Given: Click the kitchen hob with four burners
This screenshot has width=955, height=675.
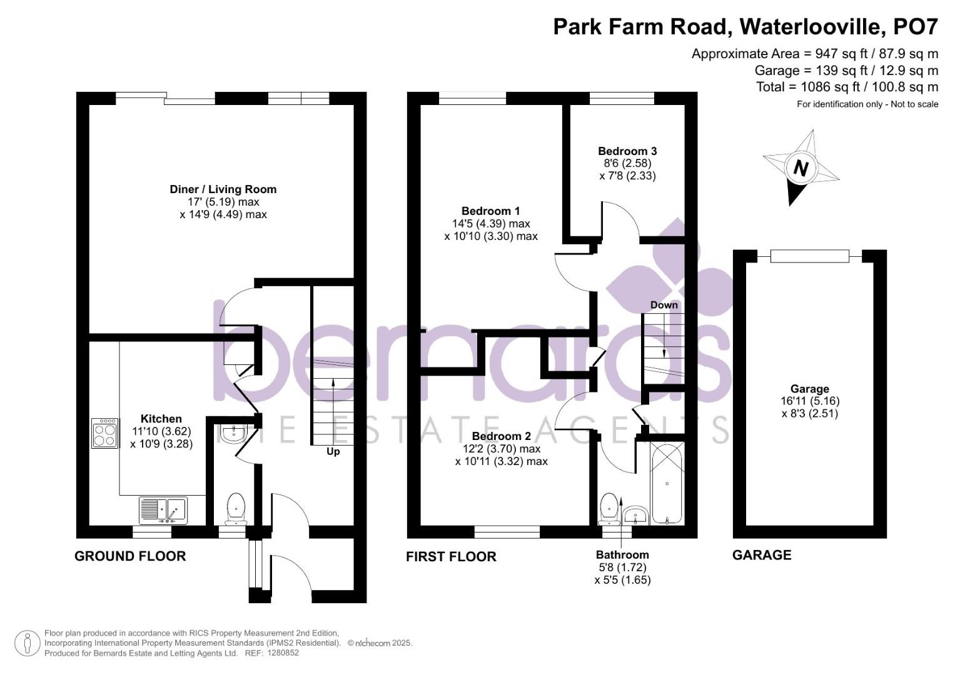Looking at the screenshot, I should [x=104, y=433].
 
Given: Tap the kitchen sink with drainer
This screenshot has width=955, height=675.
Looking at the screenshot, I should [x=163, y=510].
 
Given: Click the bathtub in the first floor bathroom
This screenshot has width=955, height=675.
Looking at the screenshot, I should [x=667, y=483].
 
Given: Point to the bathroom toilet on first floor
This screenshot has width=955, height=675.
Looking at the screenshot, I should [x=608, y=509].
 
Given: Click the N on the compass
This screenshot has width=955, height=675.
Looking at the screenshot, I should [x=800, y=168].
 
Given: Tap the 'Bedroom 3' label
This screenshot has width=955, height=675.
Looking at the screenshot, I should [x=627, y=151].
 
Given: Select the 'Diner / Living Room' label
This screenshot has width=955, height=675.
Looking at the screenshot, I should [x=223, y=189].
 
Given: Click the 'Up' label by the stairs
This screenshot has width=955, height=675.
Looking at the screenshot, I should [x=333, y=451].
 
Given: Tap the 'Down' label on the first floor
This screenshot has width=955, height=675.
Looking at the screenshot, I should [x=664, y=305].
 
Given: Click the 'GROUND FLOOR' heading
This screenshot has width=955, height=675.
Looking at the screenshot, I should [x=130, y=556].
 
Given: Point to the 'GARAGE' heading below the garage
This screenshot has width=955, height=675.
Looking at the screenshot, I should [x=761, y=555].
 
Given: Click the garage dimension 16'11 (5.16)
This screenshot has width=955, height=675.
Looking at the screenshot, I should [x=809, y=401].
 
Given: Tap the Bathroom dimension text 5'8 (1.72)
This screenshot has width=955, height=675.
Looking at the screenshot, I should [x=622, y=567].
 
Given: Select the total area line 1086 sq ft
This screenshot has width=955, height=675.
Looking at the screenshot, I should [x=847, y=87].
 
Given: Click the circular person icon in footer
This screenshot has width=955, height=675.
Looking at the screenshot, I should [x=27, y=642].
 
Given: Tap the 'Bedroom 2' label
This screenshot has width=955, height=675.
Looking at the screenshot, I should [x=501, y=436].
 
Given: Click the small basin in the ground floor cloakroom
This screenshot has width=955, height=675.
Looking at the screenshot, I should [x=233, y=433].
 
